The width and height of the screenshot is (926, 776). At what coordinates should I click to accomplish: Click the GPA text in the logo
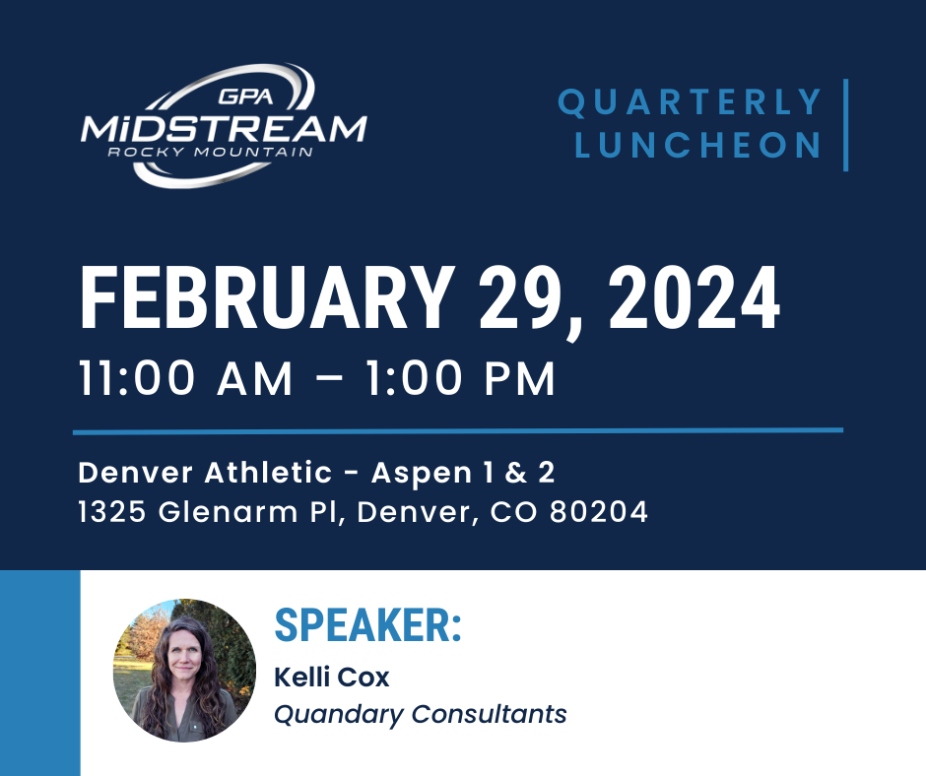point(245,97)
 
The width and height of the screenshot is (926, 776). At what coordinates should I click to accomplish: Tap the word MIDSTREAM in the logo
point(224,129)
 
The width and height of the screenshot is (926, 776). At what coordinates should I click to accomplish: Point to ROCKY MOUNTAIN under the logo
point(210,152)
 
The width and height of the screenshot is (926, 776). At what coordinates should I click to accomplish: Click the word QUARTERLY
point(690,101)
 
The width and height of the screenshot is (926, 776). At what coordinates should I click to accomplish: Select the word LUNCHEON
point(697,145)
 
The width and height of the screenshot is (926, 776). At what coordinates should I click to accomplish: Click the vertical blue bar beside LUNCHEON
point(845,125)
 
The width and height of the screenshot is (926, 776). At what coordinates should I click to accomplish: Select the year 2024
point(694,297)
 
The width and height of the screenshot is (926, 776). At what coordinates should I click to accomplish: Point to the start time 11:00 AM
point(185,378)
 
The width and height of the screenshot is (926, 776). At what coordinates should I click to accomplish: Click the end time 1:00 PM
point(460,378)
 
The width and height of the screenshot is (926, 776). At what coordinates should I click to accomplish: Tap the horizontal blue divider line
point(458,431)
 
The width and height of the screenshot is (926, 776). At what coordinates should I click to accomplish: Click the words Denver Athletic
point(205,473)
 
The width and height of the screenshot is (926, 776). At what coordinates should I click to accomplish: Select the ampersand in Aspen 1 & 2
point(515,473)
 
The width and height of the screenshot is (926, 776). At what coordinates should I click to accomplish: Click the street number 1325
point(111,511)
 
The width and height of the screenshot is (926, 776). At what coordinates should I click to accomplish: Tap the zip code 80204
point(599,511)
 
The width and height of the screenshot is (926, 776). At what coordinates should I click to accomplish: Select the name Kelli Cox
point(332,678)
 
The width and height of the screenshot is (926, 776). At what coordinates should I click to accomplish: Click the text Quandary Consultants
point(421,714)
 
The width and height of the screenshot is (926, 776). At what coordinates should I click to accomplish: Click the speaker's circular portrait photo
point(184,671)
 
